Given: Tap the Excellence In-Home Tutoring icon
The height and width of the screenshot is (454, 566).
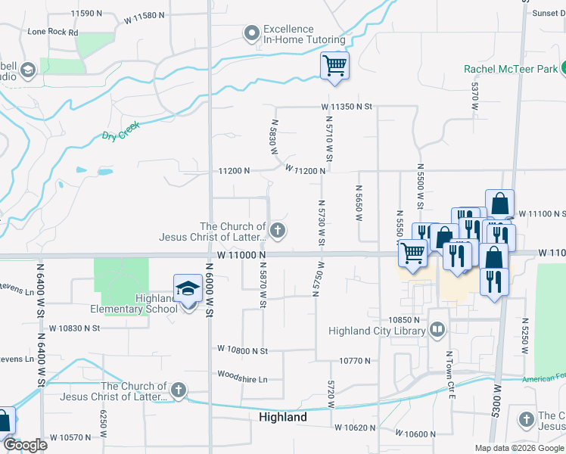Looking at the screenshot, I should tap(251, 33).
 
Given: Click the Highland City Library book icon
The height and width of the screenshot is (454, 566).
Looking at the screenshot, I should tap(437, 330).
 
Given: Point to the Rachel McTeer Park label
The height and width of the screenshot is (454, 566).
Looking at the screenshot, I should tap(510, 69).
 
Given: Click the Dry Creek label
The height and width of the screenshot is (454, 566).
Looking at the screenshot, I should tap(120, 135).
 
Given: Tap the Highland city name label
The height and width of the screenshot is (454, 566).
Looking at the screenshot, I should tap(283, 417).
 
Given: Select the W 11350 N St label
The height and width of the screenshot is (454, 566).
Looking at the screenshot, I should tap(347, 107).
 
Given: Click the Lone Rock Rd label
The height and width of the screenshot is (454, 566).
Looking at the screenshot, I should tap(53, 33).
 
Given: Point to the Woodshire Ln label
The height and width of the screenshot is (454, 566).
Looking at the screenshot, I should tap(242, 377).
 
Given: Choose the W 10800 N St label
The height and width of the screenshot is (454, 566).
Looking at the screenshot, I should tap(242, 350).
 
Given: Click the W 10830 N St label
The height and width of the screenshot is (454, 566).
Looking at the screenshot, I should tap(75, 328).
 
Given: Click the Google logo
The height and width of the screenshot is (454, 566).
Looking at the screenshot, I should tap(25, 445).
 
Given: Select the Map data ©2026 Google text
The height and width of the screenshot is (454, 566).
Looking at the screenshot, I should tap(518, 448).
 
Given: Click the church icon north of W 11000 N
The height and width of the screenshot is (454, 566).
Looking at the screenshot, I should tap(278, 231).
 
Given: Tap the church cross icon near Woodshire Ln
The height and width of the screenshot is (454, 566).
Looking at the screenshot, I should tap(178, 390).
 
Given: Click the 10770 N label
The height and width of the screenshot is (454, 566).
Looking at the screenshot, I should tap(355, 361).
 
